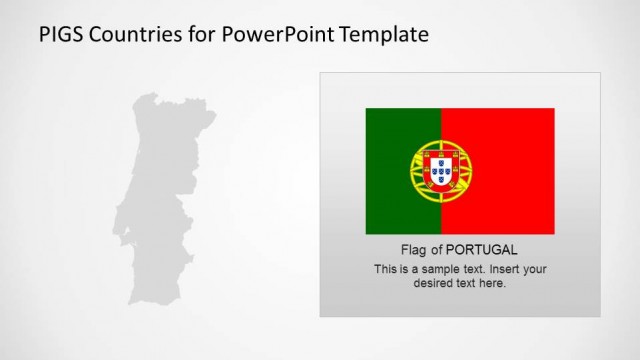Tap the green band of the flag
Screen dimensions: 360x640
(x=386, y=135)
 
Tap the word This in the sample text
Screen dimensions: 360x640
(x=385, y=269)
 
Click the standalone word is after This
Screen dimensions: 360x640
(x=404, y=269)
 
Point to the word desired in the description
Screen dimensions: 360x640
(x=432, y=283)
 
